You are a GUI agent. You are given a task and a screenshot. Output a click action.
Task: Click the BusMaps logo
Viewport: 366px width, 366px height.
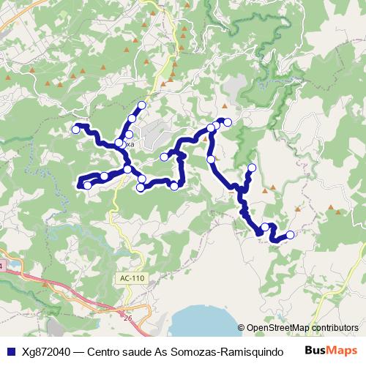pyautogui.click(x=332, y=350)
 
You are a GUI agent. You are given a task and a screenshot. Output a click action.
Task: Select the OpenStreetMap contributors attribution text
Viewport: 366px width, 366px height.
pyautogui.click(x=302, y=328)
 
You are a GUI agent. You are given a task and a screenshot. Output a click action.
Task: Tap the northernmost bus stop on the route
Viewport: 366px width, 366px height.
pyautogui.click(x=141, y=105)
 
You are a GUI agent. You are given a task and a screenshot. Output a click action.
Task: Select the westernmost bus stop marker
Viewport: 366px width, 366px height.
pyautogui.click(x=75, y=130)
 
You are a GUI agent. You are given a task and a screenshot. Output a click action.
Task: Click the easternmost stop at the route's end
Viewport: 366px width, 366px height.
pyautogui.click(x=290, y=235)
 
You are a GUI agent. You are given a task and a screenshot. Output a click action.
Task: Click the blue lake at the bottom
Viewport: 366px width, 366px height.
pyautogui.click(x=205, y=322)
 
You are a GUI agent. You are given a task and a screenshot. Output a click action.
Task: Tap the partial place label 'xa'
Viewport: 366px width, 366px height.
pyautogui.click(x=130, y=146)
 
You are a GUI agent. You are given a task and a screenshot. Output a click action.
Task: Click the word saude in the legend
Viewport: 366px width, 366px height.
pyautogui.click(x=147, y=351)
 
